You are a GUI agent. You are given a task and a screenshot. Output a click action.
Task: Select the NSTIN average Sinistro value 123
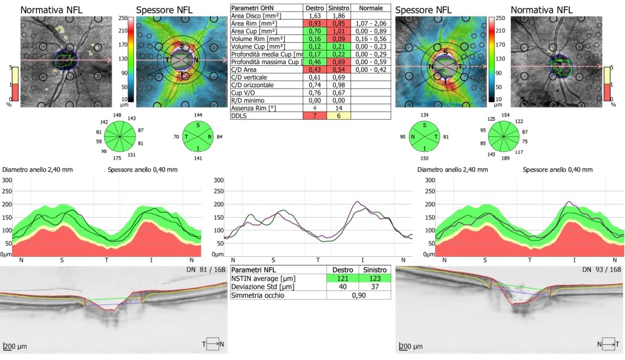coord(375,278)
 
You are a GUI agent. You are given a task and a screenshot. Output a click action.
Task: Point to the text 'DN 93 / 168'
coord(602,270)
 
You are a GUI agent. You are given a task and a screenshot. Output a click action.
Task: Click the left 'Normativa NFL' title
coord(52,10)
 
